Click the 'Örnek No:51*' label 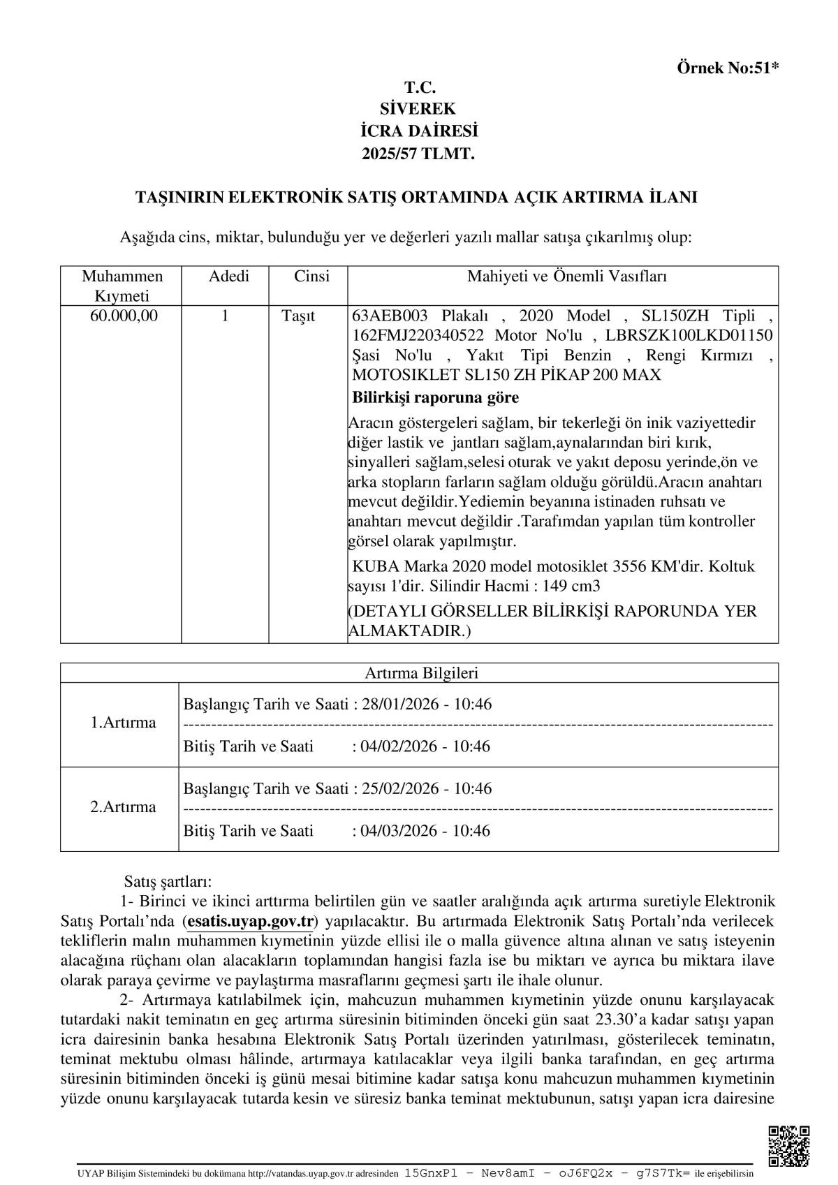[728, 68]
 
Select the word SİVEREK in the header [418, 109]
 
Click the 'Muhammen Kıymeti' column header [122, 286]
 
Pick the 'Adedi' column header [228, 277]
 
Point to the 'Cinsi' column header [311, 277]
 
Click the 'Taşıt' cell [298, 316]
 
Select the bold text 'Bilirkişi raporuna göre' [435, 398]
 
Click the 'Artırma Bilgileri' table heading [421, 673]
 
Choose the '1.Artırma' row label [123, 722]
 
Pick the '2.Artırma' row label [123, 807]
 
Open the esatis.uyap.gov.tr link [251, 921]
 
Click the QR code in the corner [789, 1146]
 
